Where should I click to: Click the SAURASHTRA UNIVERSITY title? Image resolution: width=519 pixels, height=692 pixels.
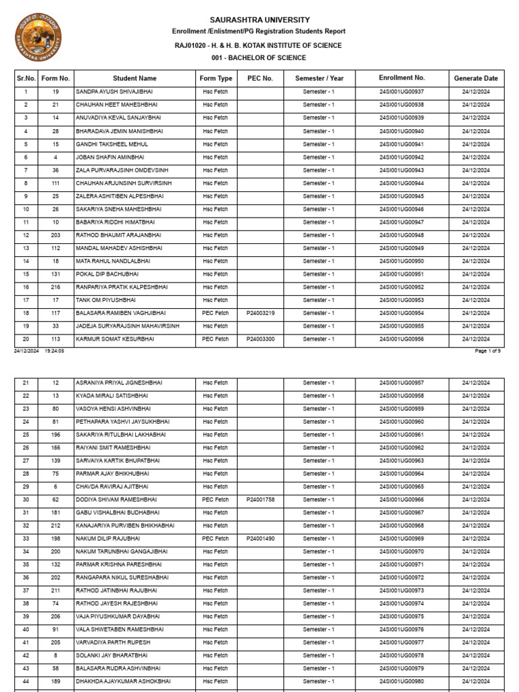click(x=259, y=20)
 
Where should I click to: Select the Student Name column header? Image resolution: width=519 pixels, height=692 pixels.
click(x=134, y=78)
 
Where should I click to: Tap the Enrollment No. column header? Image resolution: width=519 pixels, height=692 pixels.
click(x=401, y=78)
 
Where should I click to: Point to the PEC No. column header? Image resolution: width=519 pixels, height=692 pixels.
click(x=260, y=78)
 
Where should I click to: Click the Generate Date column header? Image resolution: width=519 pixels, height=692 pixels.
click(x=476, y=78)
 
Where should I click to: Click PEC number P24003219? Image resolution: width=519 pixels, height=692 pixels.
click(x=260, y=314)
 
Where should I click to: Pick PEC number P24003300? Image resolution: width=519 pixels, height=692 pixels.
click(x=260, y=339)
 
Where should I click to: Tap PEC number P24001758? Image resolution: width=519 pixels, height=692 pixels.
click(x=260, y=500)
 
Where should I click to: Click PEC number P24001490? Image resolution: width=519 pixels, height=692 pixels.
click(x=260, y=539)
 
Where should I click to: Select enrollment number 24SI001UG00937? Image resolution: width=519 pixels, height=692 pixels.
click(x=401, y=92)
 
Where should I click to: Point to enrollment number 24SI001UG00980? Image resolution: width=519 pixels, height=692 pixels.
click(x=401, y=682)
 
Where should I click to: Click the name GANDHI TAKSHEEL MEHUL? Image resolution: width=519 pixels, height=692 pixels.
click(x=112, y=144)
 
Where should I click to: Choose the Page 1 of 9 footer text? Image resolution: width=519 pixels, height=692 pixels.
click(x=488, y=351)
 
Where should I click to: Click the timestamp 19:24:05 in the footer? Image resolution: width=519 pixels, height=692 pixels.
click(x=54, y=351)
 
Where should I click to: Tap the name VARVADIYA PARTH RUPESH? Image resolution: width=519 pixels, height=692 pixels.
click(x=113, y=643)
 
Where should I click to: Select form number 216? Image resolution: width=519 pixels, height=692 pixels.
click(x=55, y=287)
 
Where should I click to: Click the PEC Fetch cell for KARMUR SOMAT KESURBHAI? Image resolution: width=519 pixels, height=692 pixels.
click(x=216, y=339)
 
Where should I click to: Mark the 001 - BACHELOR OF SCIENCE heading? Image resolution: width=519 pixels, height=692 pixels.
click(x=259, y=58)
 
